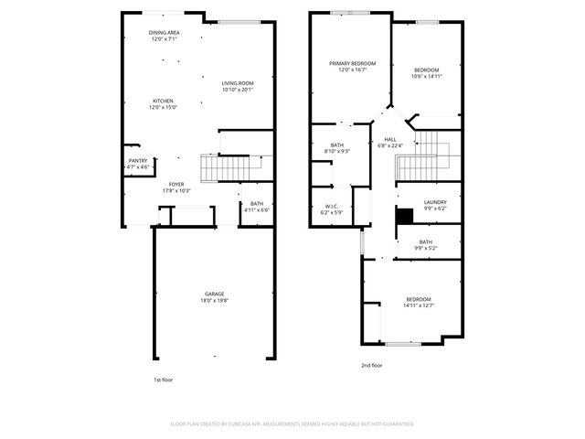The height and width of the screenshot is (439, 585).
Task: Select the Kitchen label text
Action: (x=164, y=104)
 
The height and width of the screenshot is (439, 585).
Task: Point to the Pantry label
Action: (x=137, y=165)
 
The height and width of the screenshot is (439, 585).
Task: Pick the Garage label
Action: (x=214, y=297)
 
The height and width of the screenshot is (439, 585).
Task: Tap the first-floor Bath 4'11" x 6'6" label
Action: (x=257, y=207)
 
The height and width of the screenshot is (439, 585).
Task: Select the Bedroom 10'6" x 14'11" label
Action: (x=426, y=74)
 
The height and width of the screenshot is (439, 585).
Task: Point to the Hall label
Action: (x=390, y=142)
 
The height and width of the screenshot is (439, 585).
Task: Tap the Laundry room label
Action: (x=435, y=205)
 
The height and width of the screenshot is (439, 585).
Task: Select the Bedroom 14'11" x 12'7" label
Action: (x=419, y=303)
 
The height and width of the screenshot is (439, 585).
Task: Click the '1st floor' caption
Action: (x=162, y=379)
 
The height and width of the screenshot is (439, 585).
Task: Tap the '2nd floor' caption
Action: (x=371, y=365)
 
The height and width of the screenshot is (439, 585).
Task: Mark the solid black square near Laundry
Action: (x=401, y=216)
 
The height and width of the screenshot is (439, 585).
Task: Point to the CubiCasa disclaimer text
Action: (x=292, y=423)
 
